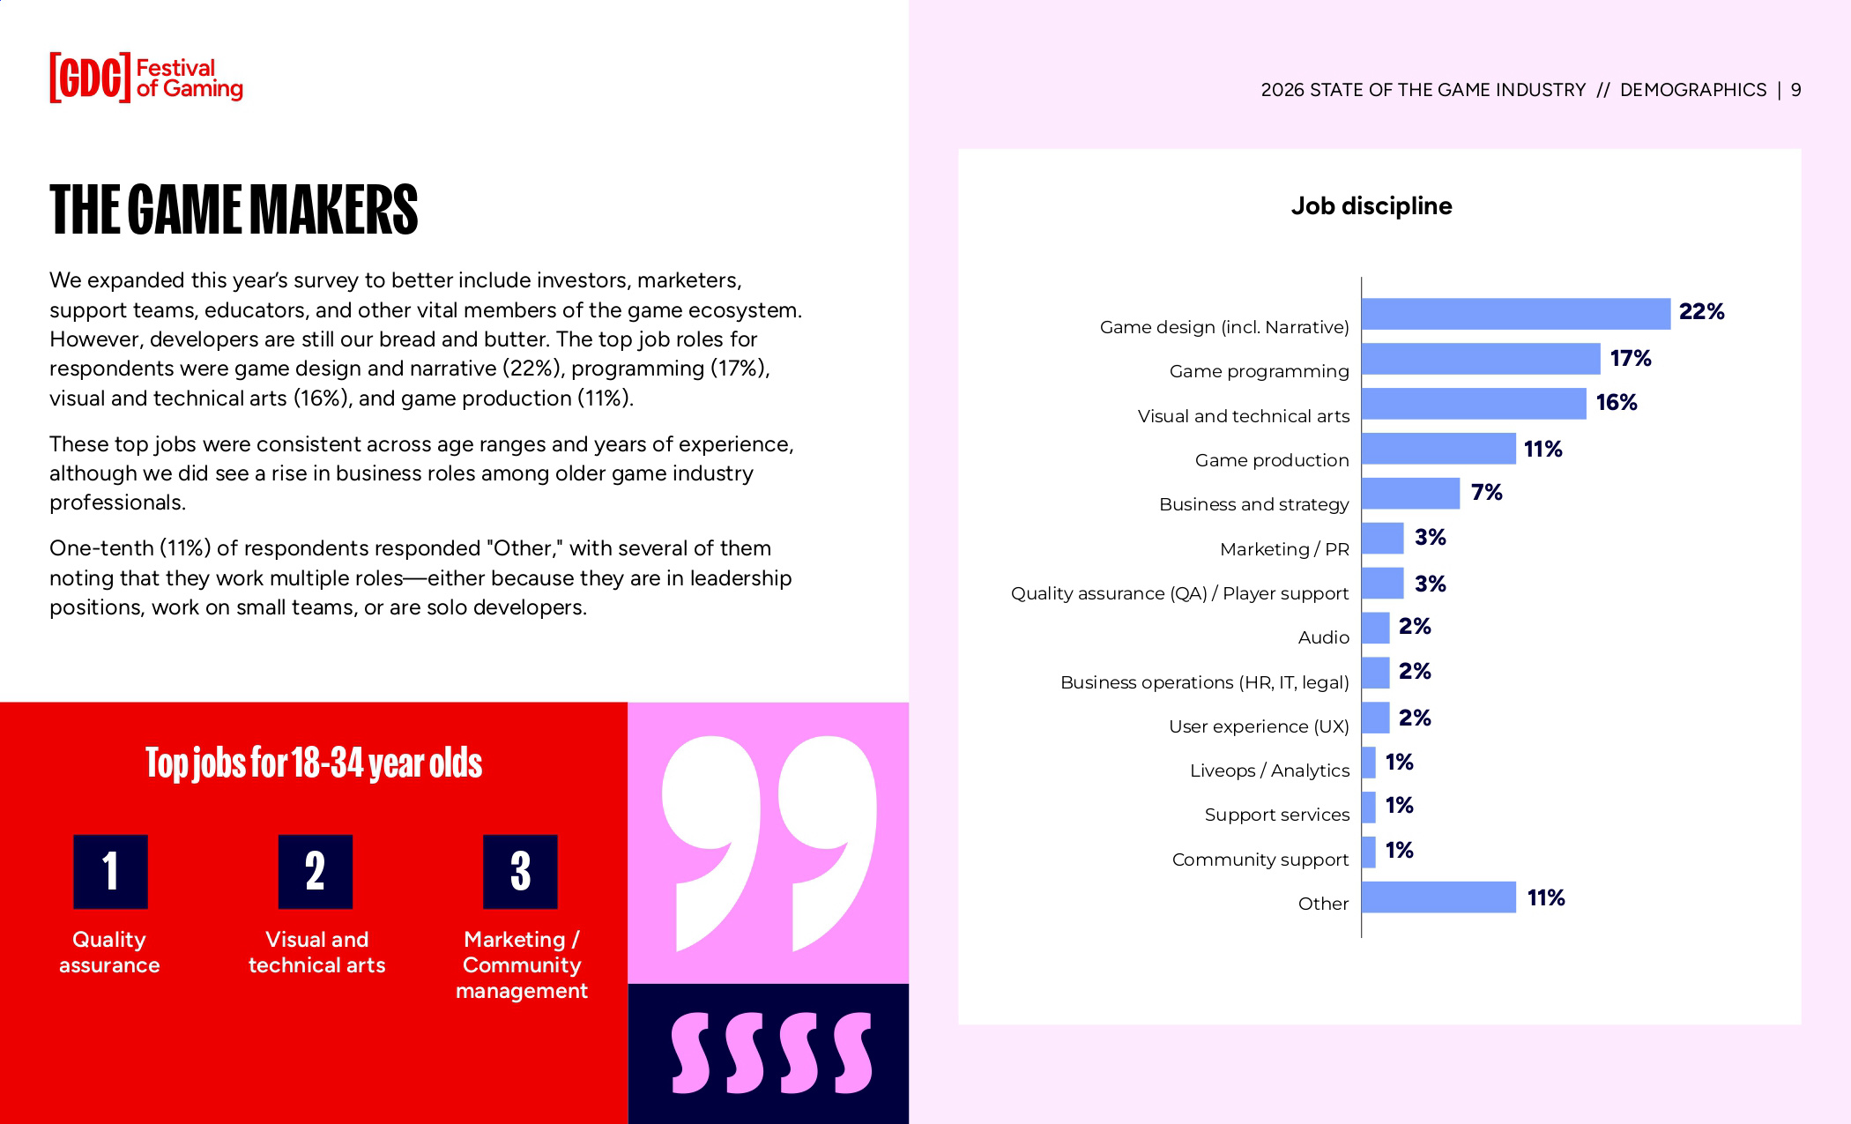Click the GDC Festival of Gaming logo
[x=146, y=78]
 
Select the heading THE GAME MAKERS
[x=234, y=210]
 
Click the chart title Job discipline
[x=1371, y=206]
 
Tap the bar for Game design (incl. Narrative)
[x=1515, y=314]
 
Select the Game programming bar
[x=1480, y=359]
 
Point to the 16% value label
[x=1616, y=403]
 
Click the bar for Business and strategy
[x=1410, y=494]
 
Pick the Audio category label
[x=1323, y=637]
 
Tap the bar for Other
[x=1438, y=897]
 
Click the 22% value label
[x=1701, y=312]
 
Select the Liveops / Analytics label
[x=1269, y=770]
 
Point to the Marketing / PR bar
[x=1382, y=538]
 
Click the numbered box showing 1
[x=110, y=871]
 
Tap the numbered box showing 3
[x=520, y=871]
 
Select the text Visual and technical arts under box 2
[x=316, y=952]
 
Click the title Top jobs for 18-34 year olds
[x=314, y=763]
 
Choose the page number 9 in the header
[x=1795, y=90]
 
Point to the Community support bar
[x=1368, y=852]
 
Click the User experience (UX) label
[x=1259, y=726]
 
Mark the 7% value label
[x=1486, y=493]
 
